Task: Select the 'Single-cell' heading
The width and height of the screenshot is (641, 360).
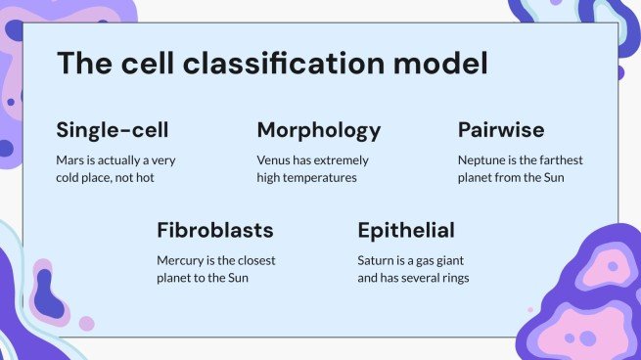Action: [113, 130]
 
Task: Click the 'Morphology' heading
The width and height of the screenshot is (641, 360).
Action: [318, 130]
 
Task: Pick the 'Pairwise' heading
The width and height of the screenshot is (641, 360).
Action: [501, 130]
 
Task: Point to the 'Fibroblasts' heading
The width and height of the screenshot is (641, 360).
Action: [214, 231]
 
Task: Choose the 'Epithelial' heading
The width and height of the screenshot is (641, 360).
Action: [406, 231]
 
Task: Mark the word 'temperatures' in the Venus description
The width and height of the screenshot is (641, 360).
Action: [322, 177]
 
